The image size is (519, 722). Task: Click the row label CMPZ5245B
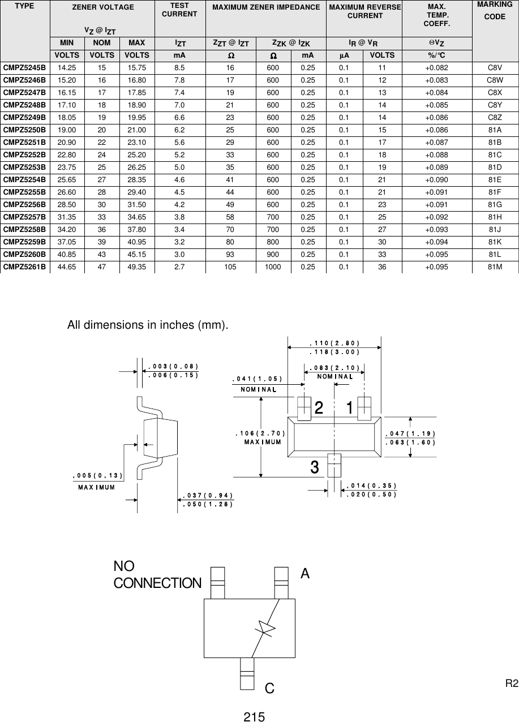pos(25,68)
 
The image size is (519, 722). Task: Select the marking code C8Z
pos(495,117)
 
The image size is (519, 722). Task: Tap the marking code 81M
pos(495,267)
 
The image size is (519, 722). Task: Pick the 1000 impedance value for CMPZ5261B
pos(273,267)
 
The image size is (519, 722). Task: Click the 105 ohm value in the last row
pos(230,267)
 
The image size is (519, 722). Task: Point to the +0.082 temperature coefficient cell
pos(436,68)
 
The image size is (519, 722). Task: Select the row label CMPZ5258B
pos(25,229)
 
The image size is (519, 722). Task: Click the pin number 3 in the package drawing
pos(314,467)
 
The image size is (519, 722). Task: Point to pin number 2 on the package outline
pos(319,407)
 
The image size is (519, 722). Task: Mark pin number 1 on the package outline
pos(350,407)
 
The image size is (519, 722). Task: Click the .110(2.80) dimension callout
pos(334,343)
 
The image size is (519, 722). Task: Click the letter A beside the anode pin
pos(305,574)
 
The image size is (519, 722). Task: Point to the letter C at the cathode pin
pos(269,688)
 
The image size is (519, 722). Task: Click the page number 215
pos(254,717)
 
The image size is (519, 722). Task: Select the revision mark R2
pos(511,684)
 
